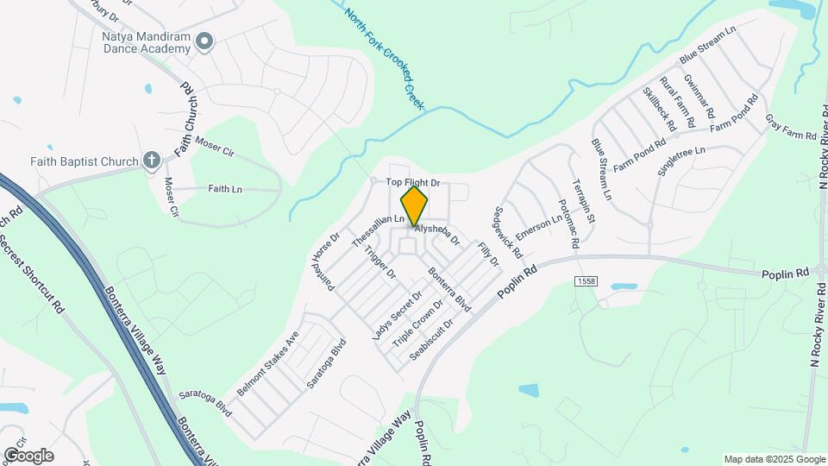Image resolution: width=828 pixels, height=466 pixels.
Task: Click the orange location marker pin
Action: click(x=415, y=205)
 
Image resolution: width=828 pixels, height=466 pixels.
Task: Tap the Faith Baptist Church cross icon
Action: click(x=151, y=160)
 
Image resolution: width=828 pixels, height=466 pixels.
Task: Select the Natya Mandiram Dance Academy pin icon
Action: click(x=204, y=40)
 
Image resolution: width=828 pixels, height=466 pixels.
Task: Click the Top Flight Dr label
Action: click(x=412, y=183)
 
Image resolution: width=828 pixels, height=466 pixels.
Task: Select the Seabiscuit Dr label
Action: click(x=432, y=342)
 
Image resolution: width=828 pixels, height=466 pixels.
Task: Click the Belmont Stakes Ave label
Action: click(x=267, y=363)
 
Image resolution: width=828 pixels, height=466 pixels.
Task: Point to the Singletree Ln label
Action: click(x=681, y=161)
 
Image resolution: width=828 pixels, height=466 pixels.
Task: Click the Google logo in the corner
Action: click(x=28, y=455)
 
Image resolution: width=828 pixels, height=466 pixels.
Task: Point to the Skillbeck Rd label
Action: click(x=659, y=108)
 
